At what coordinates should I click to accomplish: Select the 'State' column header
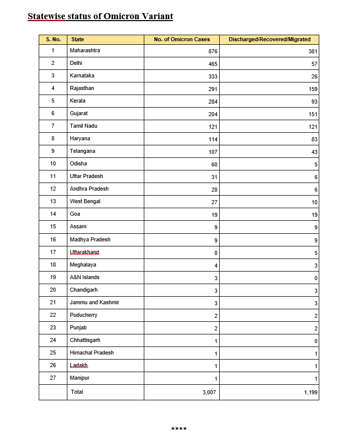(x=77, y=39)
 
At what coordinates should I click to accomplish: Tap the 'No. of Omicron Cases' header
(x=182, y=39)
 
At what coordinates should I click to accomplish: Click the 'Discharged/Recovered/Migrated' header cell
(x=269, y=39)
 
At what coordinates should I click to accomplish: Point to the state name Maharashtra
(x=85, y=50)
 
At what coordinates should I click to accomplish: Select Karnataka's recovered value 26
(x=314, y=76)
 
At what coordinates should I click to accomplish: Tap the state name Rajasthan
(x=82, y=88)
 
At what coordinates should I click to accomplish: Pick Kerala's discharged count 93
(x=314, y=102)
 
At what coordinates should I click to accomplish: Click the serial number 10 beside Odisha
(x=53, y=163)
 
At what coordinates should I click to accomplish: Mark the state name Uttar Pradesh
(x=86, y=176)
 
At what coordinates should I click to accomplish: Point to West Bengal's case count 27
(x=213, y=202)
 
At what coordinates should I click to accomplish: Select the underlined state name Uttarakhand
(x=84, y=252)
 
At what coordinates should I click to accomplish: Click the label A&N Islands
(x=84, y=277)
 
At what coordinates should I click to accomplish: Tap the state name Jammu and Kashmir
(x=95, y=302)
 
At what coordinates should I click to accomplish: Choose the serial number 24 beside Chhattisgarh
(x=53, y=340)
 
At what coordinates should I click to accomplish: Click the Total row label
(x=77, y=391)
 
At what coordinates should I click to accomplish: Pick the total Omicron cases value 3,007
(x=209, y=392)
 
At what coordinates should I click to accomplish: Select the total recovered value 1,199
(x=311, y=392)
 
